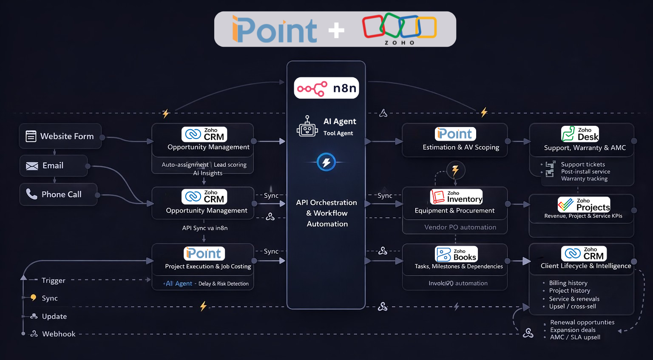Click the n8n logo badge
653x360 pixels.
(x=326, y=88)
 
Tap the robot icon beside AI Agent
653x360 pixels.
(x=307, y=127)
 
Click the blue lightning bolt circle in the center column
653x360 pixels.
(x=326, y=162)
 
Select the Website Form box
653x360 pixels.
(x=60, y=136)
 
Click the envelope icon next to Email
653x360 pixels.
(x=32, y=166)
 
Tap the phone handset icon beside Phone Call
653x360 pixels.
(x=31, y=194)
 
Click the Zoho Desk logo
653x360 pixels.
(x=580, y=134)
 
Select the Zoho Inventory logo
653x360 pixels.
(x=456, y=197)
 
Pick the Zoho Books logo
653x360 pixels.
(x=456, y=254)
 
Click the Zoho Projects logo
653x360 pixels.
(x=584, y=204)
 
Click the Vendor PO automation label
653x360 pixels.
(x=460, y=227)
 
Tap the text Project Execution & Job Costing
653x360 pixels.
(x=208, y=266)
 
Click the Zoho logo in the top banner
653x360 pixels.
(x=399, y=28)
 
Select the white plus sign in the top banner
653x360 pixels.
(x=336, y=30)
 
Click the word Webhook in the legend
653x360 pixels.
(x=59, y=334)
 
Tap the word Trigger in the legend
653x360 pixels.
(x=54, y=281)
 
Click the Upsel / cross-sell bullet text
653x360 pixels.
(x=572, y=306)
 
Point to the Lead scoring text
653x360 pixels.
(x=230, y=165)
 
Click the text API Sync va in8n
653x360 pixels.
(x=204, y=228)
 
